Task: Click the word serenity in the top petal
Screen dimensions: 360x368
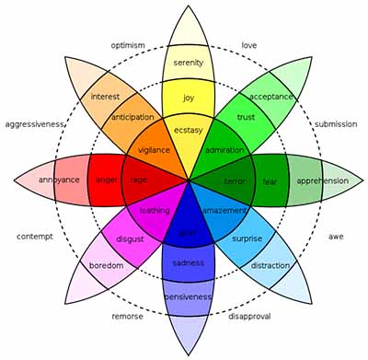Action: [188, 63]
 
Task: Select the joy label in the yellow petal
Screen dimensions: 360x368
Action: [189, 97]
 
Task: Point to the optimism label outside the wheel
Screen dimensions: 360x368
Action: [129, 45]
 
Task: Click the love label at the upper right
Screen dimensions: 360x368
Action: [248, 45]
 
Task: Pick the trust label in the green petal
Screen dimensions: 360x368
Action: [245, 117]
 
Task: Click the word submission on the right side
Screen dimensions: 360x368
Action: [336, 124]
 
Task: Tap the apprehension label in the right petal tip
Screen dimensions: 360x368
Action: [322, 181]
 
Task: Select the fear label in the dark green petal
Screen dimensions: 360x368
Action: [270, 181]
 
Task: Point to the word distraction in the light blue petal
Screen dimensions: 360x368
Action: [271, 266]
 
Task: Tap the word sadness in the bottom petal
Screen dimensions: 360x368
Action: [188, 263]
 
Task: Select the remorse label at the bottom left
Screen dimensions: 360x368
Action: [127, 315]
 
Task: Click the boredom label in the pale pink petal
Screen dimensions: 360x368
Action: [105, 266]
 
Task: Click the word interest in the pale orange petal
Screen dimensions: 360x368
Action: [106, 97]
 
